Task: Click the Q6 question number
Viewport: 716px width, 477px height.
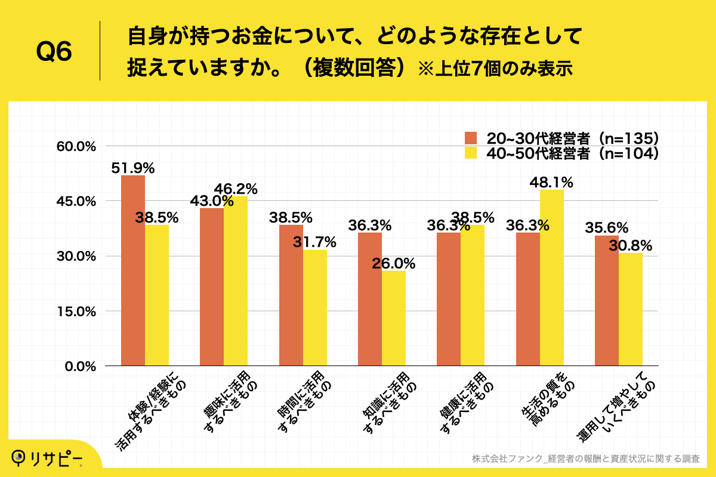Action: point(54,52)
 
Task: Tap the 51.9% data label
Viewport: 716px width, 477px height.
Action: point(133,169)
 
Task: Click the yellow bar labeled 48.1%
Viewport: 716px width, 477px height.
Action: point(552,277)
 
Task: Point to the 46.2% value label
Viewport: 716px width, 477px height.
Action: point(237,190)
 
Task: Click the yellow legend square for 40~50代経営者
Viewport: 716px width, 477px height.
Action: point(471,153)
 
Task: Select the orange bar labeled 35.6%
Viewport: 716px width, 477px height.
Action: point(607,301)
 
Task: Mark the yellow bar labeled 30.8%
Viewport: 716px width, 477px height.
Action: point(631,309)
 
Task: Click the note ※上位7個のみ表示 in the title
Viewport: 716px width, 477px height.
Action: point(495,69)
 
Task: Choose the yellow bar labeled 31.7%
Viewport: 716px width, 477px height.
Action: point(315,308)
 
